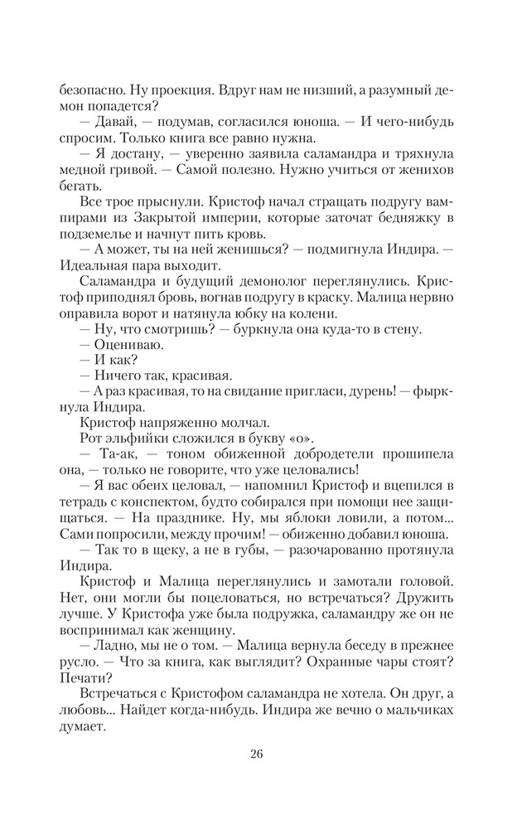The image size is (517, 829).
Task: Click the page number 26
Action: pyautogui.click(x=258, y=752)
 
